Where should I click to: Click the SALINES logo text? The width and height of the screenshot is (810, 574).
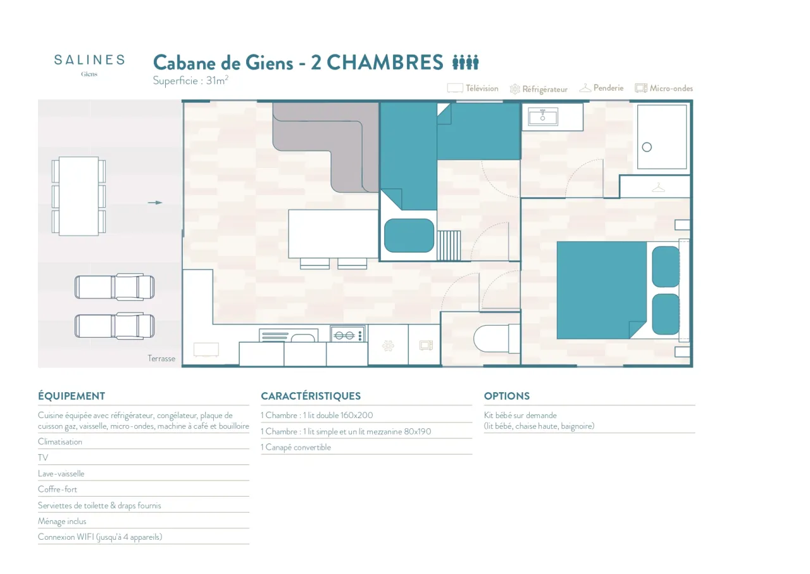(89, 60)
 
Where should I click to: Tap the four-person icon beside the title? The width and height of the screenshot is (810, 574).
(465, 62)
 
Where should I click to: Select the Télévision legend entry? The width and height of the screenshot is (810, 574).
(473, 88)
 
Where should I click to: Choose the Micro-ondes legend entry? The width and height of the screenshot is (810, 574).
(664, 88)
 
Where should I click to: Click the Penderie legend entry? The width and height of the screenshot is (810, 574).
(601, 88)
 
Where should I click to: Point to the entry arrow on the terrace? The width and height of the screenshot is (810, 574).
(155, 203)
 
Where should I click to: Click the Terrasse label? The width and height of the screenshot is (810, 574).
(161, 359)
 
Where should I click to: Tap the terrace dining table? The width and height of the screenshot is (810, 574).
(79, 196)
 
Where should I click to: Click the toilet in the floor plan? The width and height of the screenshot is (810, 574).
(497, 339)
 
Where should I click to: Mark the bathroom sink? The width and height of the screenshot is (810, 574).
(543, 117)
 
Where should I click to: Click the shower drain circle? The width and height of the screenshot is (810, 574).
(647, 147)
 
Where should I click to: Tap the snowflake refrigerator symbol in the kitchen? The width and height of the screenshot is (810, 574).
(388, 346)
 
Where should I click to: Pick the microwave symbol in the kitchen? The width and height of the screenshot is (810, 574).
(426, 345)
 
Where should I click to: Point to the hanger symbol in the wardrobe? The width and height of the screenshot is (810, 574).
(659, 188)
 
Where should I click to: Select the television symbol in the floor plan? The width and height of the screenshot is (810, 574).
(206, 350)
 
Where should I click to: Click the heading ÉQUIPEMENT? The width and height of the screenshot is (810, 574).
(72, 396)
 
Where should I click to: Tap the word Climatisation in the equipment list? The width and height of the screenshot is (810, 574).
(60, 442)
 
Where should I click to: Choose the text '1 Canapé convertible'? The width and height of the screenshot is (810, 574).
(296, 447)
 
